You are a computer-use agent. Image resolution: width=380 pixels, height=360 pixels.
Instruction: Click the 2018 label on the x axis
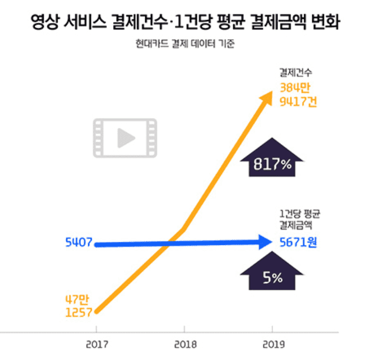[185, 345]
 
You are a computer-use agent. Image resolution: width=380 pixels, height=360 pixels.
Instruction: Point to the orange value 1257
[78, 312]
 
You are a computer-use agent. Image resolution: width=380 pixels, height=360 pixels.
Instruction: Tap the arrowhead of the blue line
[266, 242]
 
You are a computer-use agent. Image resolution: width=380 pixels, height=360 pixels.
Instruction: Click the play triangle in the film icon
[125, 137]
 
